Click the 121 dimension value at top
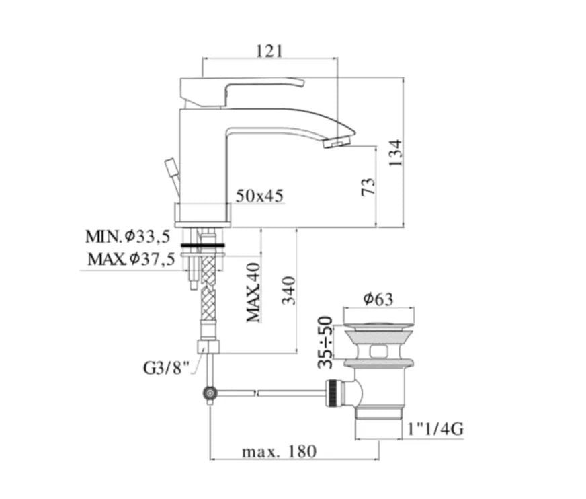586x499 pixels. click(269, 51)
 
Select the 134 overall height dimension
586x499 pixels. click(395, 153)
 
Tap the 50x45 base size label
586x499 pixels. click(259, 196)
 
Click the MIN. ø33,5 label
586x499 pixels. click(128, 237)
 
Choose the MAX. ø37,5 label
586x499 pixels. click(131, 259)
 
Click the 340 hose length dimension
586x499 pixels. click(288, 291)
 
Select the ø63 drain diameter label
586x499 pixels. click(378, 299)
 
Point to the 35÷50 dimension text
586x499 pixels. click(325, 342)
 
